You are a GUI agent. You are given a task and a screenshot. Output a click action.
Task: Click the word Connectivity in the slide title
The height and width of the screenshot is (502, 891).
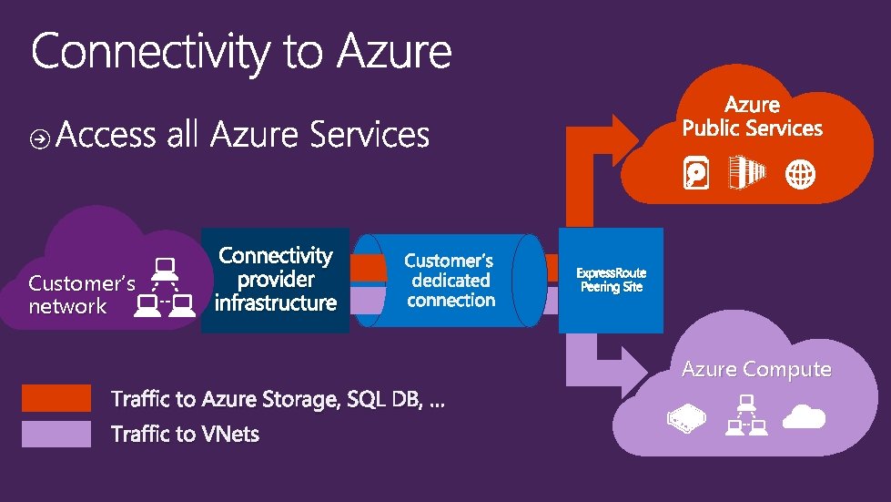151,51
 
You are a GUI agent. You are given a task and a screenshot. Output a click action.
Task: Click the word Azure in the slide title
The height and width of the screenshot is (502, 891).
394,51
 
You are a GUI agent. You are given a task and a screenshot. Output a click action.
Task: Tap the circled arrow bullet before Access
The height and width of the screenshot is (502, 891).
40,138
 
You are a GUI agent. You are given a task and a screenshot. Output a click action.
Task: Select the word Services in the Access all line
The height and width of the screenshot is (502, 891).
369,136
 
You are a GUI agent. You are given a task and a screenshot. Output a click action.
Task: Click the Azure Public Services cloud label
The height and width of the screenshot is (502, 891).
752,118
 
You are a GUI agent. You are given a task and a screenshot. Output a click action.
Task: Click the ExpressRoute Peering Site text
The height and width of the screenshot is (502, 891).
611,281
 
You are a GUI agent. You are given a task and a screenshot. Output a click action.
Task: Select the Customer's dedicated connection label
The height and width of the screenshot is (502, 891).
451,281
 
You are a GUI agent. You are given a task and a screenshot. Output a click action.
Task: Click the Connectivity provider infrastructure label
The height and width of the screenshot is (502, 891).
276,279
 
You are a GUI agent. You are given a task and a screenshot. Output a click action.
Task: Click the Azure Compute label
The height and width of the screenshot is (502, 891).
756,369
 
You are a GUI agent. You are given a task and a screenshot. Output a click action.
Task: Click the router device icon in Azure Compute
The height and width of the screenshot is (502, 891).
686,417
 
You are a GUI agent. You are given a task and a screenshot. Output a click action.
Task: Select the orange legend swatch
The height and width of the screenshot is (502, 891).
56,398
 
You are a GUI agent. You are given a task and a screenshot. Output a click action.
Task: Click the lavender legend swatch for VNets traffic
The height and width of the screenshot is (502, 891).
56,434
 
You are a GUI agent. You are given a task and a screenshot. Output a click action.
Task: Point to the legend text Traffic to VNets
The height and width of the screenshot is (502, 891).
185,434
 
